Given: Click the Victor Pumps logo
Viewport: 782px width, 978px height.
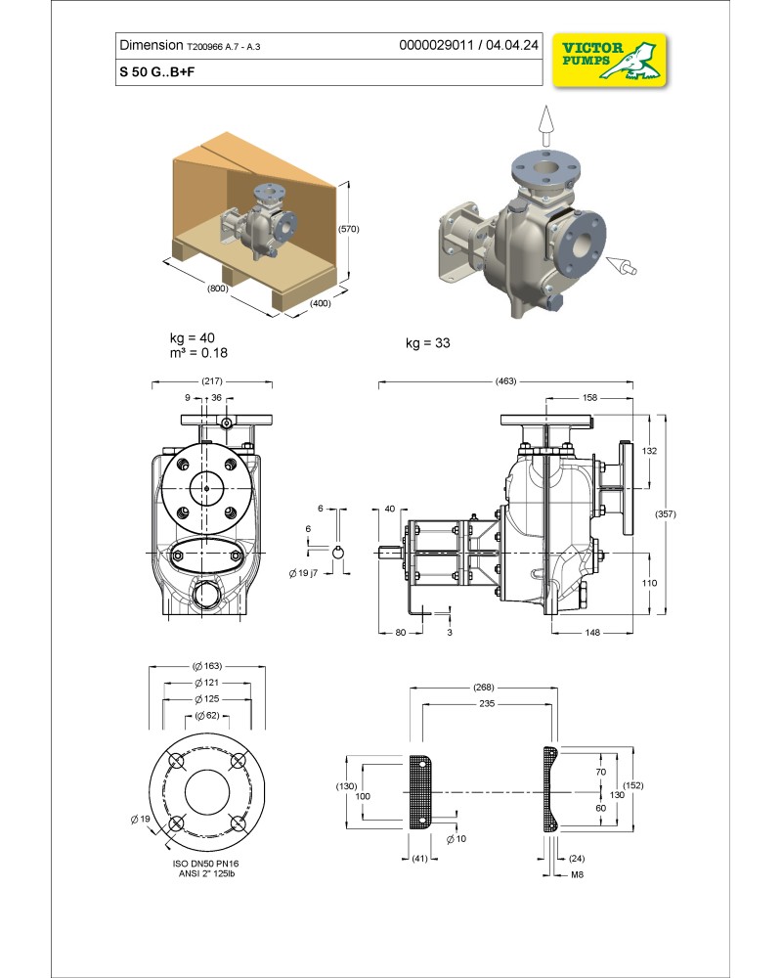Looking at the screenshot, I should pos(609,59).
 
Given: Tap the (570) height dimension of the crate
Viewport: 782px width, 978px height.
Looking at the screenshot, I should pos(349,229).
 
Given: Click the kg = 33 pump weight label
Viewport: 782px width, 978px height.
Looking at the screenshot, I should pos(427,343).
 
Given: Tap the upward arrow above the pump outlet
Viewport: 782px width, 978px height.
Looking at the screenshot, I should pos(545,122).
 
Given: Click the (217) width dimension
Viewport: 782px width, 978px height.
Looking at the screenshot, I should pos(210,380).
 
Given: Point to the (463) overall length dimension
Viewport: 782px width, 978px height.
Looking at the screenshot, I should pos(505,380).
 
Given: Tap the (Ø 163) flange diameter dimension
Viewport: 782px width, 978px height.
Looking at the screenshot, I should pos(205,666).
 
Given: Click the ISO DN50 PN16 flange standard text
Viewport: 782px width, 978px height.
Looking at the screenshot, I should pos(205,864).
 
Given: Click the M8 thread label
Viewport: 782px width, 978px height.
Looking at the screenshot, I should pos(579,873).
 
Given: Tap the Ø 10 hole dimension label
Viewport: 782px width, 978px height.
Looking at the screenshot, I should pos(456,840).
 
